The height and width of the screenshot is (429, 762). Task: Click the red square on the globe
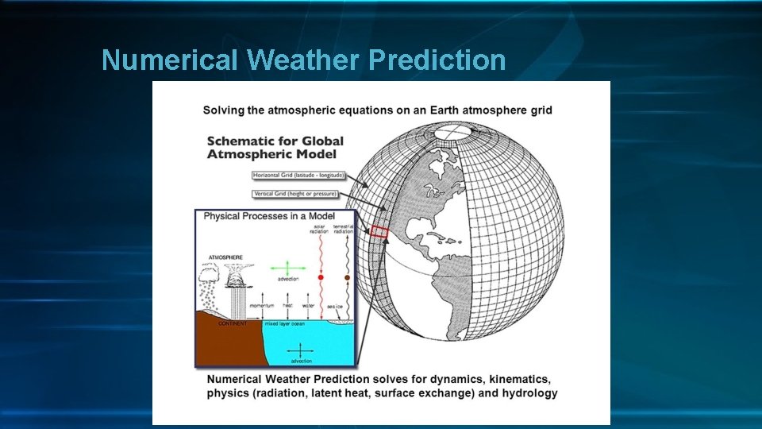[379, 232]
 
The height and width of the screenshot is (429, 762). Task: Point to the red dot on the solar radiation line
[320, 277]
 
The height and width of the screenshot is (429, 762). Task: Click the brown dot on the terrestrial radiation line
[347, 277]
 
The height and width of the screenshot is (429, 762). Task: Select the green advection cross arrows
[287, 269]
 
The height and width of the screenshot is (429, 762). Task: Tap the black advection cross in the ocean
[299, 350]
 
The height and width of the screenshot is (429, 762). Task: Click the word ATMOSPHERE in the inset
[225, 257]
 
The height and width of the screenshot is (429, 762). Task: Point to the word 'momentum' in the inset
[261, 305]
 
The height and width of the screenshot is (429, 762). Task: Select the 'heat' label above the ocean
[287, 305]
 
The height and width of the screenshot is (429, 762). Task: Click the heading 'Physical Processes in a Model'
[269, 216]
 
